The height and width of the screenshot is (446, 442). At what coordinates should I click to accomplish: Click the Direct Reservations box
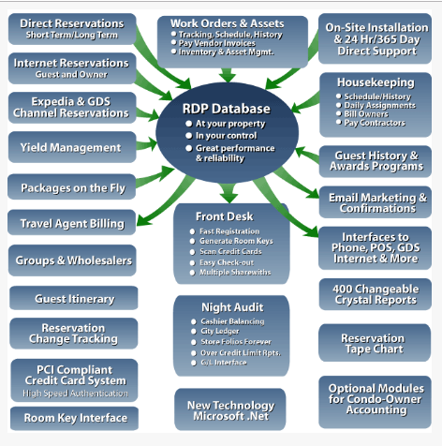(x=73, y=27)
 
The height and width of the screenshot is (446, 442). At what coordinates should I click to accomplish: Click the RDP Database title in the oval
(x=226, y=109)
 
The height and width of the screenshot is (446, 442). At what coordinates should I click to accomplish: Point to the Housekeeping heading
(x=375, y=82)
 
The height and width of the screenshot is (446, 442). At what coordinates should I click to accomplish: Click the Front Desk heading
(x=225, y=216)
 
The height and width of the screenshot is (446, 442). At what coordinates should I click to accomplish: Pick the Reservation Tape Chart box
(x=374, y=343)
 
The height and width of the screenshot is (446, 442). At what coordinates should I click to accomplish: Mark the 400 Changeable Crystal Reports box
(x=374, y=293)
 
